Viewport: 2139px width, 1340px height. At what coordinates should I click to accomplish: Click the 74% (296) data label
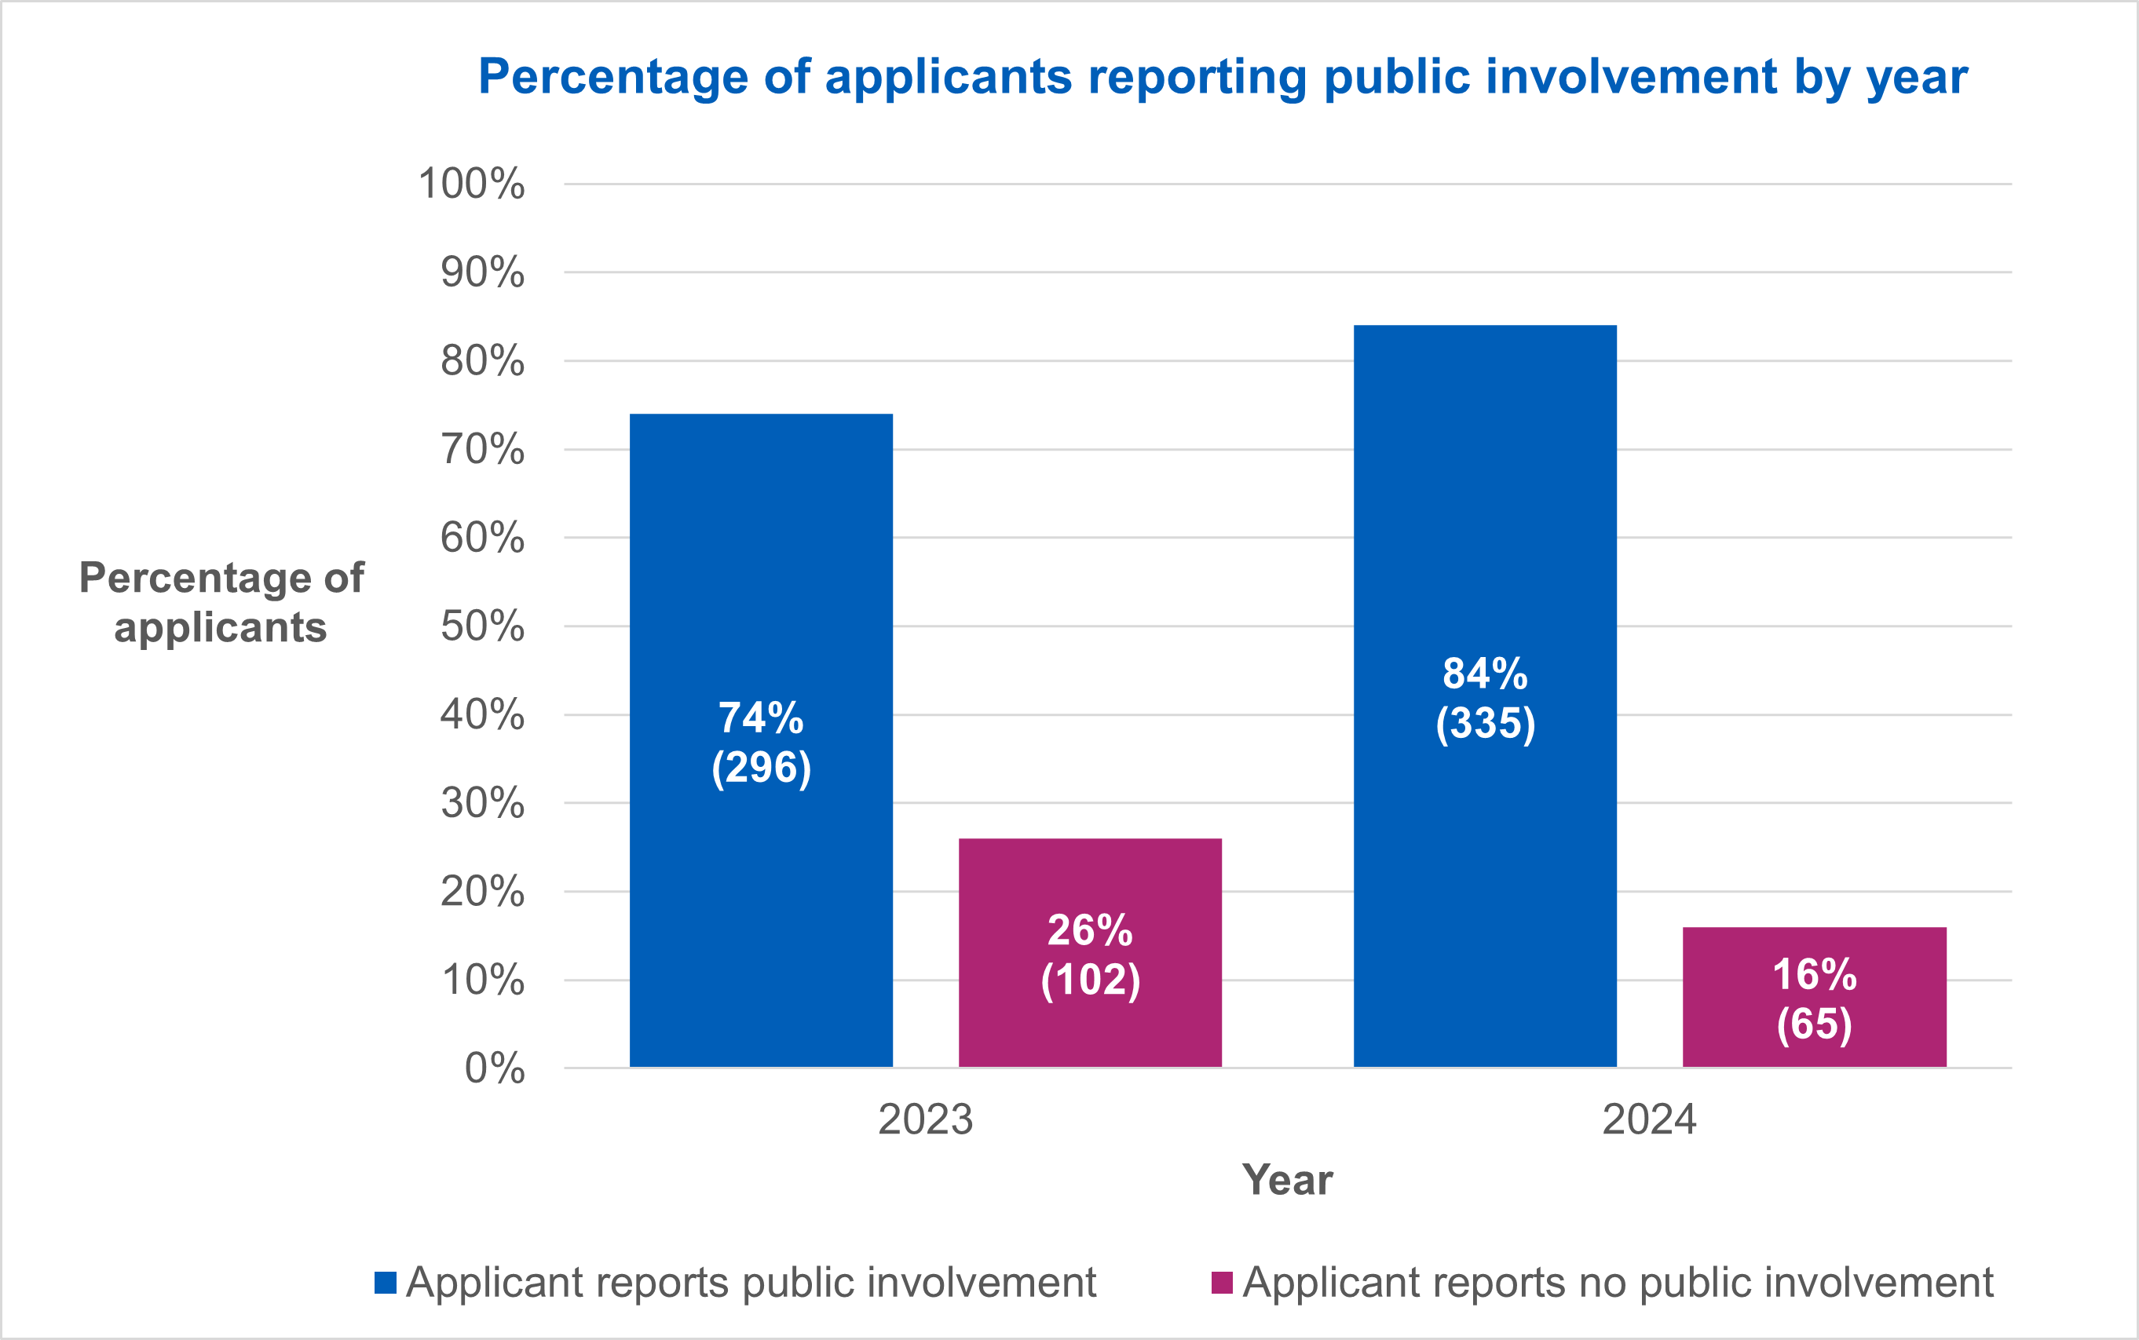[761, 743]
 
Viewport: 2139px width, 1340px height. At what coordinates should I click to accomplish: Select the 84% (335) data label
[1485, 699]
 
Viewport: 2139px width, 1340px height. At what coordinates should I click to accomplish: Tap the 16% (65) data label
[1815, 999]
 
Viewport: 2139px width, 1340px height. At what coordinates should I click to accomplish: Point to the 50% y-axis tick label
[482, 626]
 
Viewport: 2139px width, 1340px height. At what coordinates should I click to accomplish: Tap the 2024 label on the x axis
[1649, 1119]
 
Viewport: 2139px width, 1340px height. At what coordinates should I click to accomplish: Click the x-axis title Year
[1287, 1180]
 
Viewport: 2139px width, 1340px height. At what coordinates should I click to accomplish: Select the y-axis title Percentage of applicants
[221, 603]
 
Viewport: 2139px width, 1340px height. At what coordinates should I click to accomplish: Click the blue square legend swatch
[385, 1283]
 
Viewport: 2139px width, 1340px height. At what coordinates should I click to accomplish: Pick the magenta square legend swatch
[1222, 1283]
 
